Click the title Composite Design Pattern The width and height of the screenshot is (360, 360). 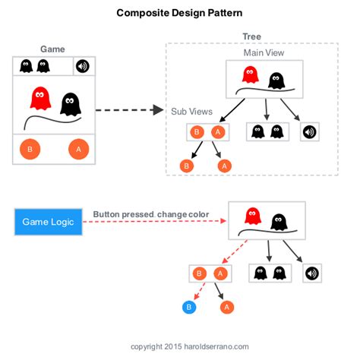[x=180, y=13]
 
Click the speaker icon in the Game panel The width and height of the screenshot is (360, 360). [x=83, y=66]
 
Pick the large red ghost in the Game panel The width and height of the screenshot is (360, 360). [x=39, y=99]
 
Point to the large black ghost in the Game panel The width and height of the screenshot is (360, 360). [x=71, y=103]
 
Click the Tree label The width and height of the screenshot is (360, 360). [x=251, y=36]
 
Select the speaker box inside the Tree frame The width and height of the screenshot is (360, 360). [x=309, y=131]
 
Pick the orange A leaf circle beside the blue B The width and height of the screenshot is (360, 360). [x=226, y=307]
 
